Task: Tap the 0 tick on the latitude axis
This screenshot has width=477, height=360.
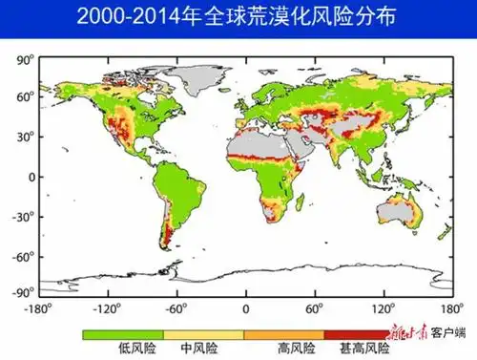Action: click(30, 177)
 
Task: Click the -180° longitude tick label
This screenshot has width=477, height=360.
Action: click(39, 308)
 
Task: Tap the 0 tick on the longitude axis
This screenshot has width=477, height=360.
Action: click(245, 308)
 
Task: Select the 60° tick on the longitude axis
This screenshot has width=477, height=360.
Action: click(315, 308)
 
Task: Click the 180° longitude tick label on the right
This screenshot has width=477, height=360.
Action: click(451, 308)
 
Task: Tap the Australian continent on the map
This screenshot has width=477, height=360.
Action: click(402, 214)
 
